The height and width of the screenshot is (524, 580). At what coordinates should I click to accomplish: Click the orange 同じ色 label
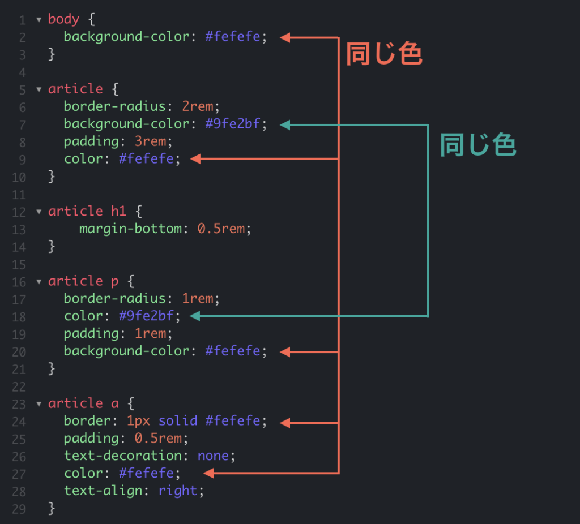click(384, 55)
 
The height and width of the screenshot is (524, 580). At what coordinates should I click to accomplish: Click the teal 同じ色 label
click(478, 146)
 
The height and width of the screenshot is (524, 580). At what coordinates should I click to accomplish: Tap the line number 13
click(19, 229)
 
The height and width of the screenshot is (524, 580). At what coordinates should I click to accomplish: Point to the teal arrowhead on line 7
click(285, 125)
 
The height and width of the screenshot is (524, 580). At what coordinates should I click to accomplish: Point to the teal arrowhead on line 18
click(195, 316)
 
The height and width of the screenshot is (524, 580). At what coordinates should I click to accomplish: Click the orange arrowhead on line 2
click(285, 38)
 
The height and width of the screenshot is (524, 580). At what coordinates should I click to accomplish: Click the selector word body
click(64, 19)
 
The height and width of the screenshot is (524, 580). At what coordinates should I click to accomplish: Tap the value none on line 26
click(213, 456)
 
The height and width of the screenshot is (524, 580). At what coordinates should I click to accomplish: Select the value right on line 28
click(178, 491)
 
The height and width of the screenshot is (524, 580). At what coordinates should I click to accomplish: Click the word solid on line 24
click(178, 420)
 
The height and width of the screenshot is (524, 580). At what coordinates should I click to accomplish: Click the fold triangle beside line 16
click(39, 281)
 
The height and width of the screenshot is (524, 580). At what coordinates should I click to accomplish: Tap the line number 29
click(19, 509)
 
